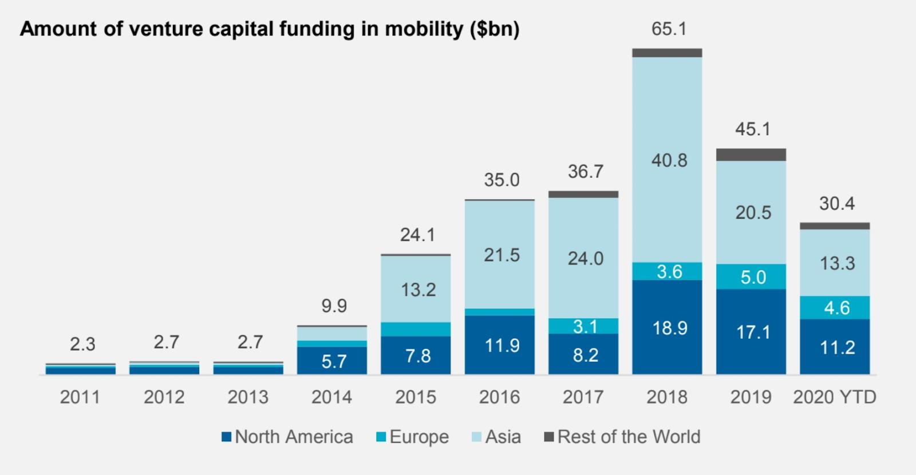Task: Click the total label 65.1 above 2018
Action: click(669, 29)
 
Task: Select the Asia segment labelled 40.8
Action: click(667, 160)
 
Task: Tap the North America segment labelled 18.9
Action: click(667, 327)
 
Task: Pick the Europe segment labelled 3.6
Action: click(667, 271)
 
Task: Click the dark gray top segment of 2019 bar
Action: click(751, 155)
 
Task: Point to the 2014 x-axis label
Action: click(331, 397)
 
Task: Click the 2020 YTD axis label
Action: click(835, 397)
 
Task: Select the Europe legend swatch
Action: click(381, 437)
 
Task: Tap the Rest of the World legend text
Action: click(629, 437)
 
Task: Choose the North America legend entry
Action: click(287, 437)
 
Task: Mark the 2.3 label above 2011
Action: click(82, 344)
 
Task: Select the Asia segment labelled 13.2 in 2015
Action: click(416, 289)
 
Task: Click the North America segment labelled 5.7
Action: click(331, 361)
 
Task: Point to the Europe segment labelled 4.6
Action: click(835, 307)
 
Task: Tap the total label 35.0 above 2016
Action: click(502, 180)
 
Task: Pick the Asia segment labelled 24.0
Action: click(583, 258)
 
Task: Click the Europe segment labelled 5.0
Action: click(751, 277)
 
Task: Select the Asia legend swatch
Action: click(476, 437)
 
